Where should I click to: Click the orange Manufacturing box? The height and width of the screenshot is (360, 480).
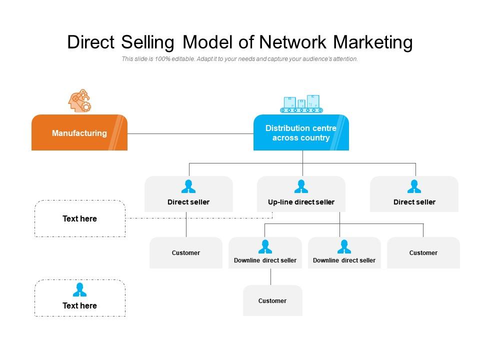tap(79, 133)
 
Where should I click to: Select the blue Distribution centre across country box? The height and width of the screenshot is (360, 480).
tap(300, 133)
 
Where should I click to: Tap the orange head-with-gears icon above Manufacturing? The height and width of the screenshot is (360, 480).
tap(79, 100)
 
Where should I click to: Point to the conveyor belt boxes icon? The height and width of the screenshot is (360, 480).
tap(301, 103)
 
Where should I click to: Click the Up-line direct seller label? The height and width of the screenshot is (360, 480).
tap(301, 202)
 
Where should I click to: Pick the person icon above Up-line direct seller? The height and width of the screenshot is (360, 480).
tap(301, 186)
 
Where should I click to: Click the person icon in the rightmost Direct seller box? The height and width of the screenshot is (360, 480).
tap(414, 186)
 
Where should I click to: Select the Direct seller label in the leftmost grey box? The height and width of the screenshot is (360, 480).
tap(188, 202)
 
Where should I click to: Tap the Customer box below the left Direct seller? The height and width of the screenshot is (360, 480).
tap(186, 252)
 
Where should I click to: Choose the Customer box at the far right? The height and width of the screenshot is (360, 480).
tap(423, 252)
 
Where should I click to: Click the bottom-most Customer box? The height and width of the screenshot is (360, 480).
tap(272, 300)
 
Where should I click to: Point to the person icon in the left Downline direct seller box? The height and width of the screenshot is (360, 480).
tap(265, 246)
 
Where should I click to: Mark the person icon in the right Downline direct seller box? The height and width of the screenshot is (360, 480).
tap(344, 246)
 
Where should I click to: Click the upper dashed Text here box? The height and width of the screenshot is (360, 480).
tap(79, 218)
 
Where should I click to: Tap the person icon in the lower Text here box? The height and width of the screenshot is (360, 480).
tap(79, 289)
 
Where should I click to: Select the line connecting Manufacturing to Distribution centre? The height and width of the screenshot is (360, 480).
tap(190, 133)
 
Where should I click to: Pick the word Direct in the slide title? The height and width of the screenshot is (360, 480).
tap(91, 42)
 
